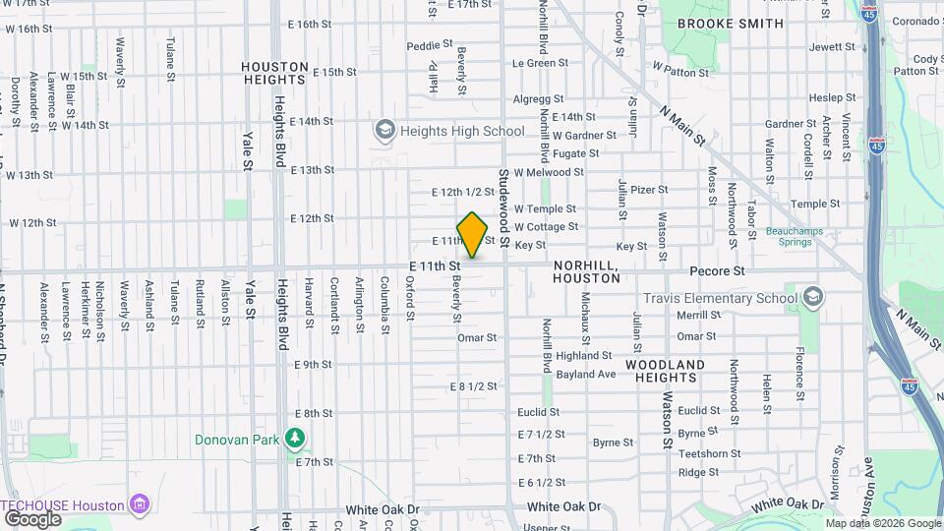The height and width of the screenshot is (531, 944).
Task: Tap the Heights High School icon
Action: pos(384,130)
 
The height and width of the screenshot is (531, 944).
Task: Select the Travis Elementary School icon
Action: pos(812,297)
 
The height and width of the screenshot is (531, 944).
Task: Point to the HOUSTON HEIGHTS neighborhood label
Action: pos(274,73)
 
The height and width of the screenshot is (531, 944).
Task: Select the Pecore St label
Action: pos(718,269)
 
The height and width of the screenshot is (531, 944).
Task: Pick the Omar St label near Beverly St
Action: pos(477,337)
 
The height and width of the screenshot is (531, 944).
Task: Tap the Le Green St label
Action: pos(534,63)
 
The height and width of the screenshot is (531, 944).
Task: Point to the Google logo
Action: pos(32,519)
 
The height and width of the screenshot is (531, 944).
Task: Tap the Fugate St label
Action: pos(575,153)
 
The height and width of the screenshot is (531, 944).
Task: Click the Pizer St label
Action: pos(649,190)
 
